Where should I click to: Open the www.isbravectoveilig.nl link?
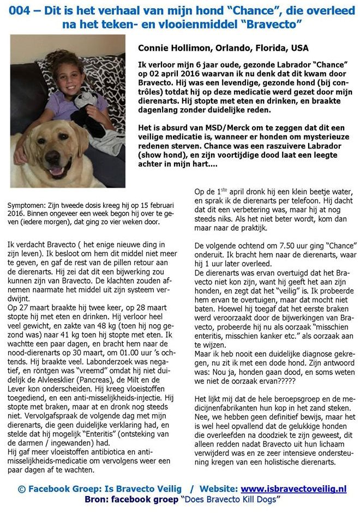click(293, 489)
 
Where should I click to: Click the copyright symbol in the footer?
click(21, 490)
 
